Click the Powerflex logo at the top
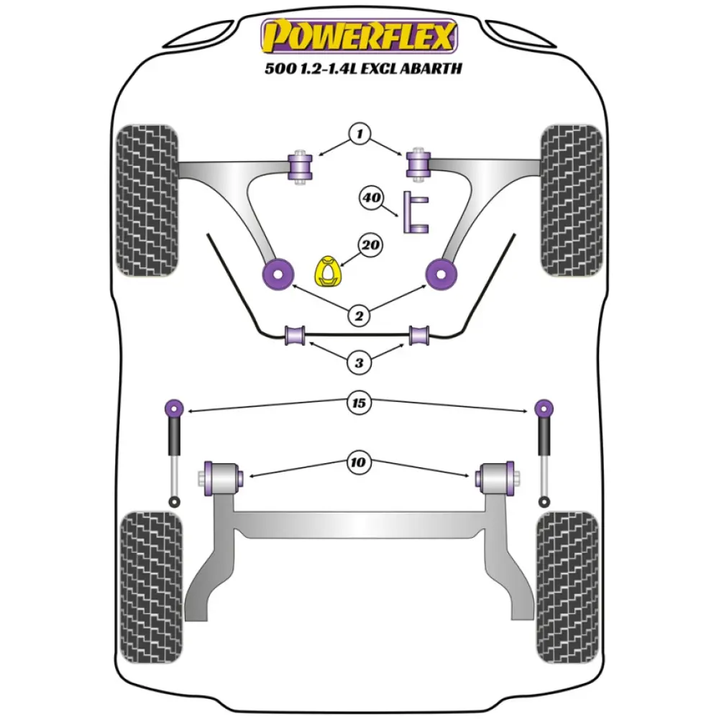(359, 36)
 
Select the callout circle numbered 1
(359, 134)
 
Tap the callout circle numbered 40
(372, 198)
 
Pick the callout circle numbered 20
(372, 247)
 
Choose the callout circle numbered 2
(359, 314)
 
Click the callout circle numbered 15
(359, 403)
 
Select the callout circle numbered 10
(359, 462)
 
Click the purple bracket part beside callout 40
(416, 214)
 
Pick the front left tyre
(147, 201)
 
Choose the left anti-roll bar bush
(296, 335)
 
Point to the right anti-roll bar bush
(420, 335)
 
